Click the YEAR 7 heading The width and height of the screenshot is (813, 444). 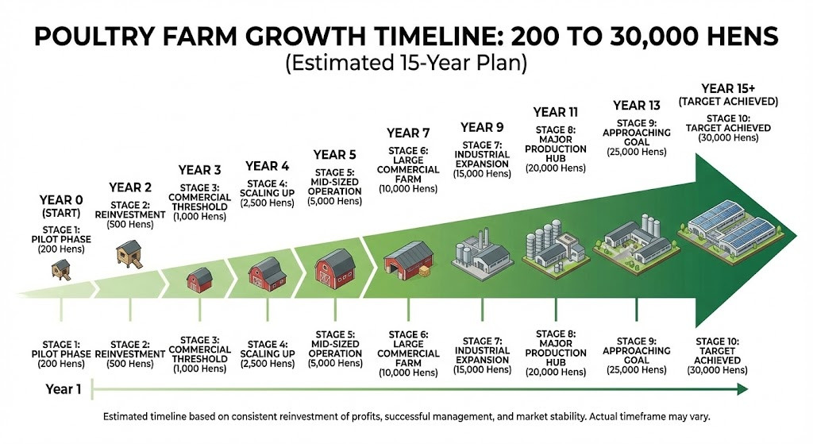tap(408, 133)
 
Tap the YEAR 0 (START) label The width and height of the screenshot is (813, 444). tap(61, 206)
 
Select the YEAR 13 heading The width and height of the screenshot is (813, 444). tap(637, 106)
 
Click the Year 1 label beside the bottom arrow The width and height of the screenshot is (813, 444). tap(64, 389)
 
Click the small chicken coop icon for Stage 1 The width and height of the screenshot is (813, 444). tap(60, 270)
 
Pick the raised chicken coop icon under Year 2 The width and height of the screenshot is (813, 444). tap(129, 254)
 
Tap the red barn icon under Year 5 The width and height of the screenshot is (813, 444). tap(335, 268)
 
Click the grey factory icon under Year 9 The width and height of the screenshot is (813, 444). tap(482, 254)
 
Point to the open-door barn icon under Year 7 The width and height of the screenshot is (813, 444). tap(409, 260)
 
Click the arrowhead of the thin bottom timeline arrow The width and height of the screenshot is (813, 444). tap(742, 389)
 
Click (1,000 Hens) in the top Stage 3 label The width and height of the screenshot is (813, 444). tap(199, 216)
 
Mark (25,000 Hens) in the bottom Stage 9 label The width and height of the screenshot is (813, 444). tap(637, 370)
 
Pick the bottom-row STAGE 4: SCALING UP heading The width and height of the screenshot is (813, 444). tap(268, 349)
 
